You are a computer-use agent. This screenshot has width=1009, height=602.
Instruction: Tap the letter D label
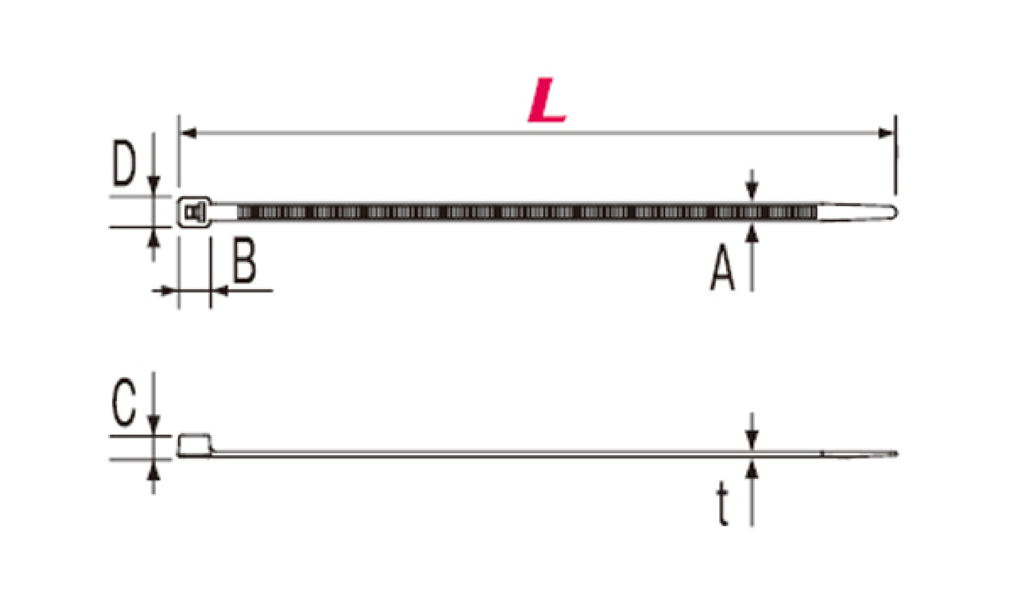[124, 163]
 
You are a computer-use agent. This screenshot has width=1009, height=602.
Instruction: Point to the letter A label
[722, 267]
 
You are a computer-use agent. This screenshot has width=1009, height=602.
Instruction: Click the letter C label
[124, 402]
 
